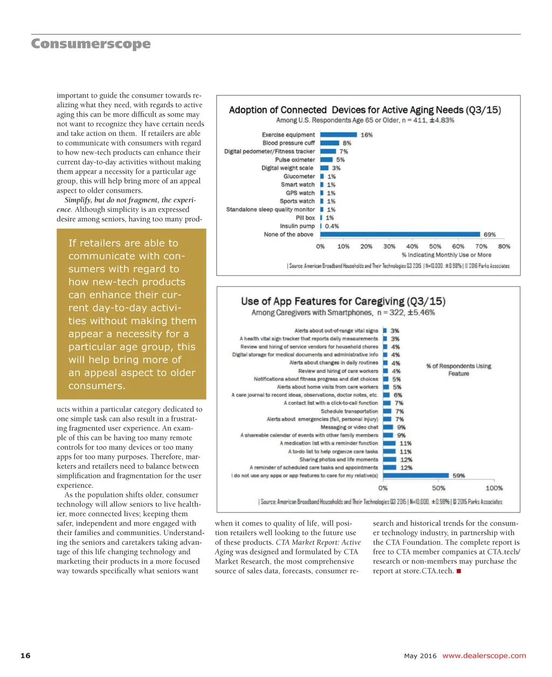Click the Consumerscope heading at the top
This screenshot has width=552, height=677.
pyautogui.click(x=91, y=44)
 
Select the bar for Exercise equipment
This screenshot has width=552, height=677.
pyautogui.click(x=339, y=135)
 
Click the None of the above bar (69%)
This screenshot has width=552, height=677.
pyautogui.click(x=400, y=235)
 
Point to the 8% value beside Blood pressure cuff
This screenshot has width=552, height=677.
pyautogui.click(x=347, y=143)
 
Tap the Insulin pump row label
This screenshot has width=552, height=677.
pyautogui.click(x=297, y=227)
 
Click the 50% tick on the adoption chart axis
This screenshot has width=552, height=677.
pyautogui.click(x=435, y=247)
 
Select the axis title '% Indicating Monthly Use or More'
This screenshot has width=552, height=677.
pyautogui.click(x=446, y=255)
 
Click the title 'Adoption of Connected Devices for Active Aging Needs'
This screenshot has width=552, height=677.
pyautogui.click(x=364, y=110)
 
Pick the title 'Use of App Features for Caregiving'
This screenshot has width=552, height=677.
pyautogui.click(x=343, y=302)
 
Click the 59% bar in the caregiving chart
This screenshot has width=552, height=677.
pyautogui.click(x=416, y=476)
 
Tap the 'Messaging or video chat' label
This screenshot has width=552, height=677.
pyautogui.click(x=349, y=427)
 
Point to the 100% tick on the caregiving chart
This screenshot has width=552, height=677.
pyautogui.click(x=494, y=488)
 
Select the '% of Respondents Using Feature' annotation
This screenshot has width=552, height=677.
pyautogui.click(x=459, y=370)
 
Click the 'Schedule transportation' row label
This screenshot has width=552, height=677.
pyautogui.click(x=349, y=411)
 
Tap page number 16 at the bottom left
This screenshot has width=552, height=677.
pyautogui.click(x=25, y=656)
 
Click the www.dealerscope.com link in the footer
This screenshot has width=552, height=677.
pyautogui.click(x=484, y=656)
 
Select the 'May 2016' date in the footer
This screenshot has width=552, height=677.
pyautogui.click(x=420, y=657)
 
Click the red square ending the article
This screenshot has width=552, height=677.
pyautogui.click(x=458, y=571)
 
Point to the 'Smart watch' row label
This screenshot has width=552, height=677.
pyautogui.click(x=298, y=184)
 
